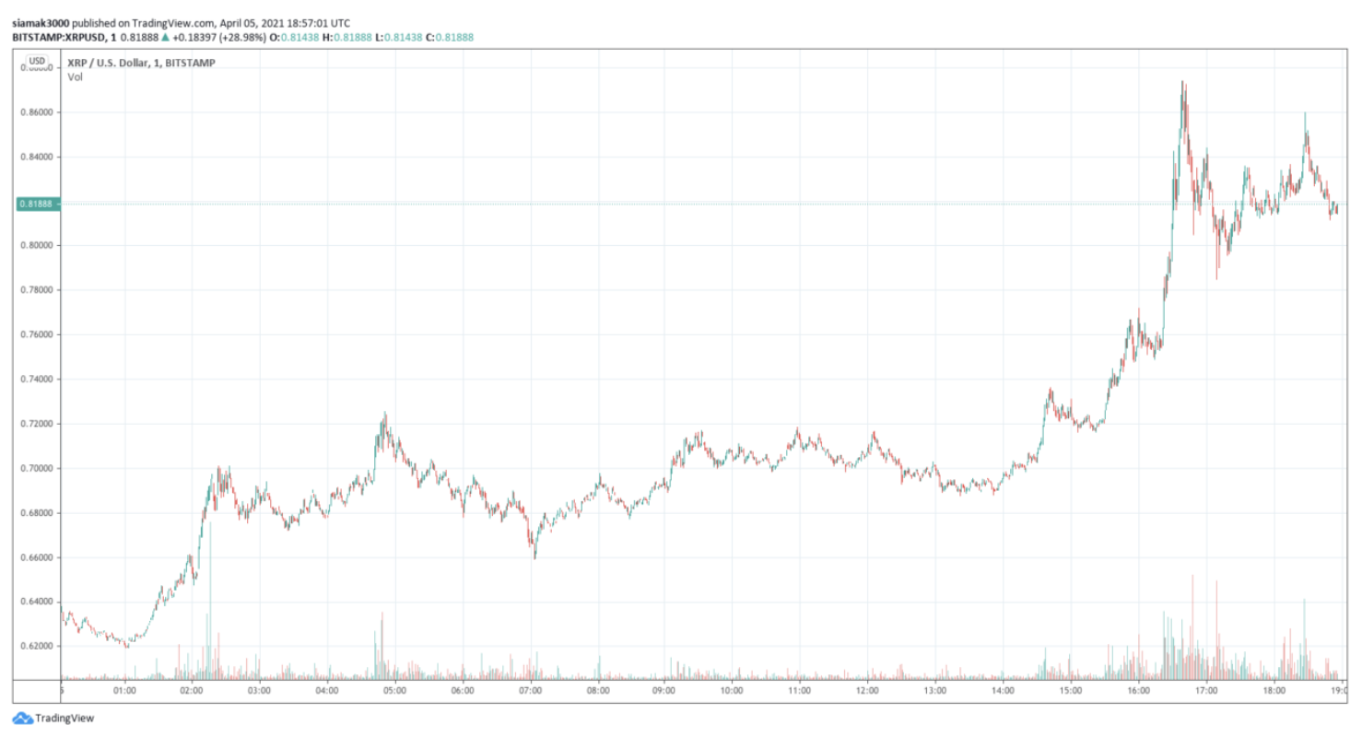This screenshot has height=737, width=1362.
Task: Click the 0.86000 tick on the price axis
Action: tap(38, 112)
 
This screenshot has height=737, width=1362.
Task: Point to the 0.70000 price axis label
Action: tap(38, 468)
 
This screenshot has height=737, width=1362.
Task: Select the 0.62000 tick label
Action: tap(38, 646)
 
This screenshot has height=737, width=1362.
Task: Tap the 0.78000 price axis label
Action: tap(38, 290)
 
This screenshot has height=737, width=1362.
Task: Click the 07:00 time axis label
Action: tap(530, 690)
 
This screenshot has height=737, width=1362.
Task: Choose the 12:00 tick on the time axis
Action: tap(867, 690)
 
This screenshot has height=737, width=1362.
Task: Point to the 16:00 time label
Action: tap(1138, 690)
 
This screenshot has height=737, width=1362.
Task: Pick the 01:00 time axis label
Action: tap(124, 690)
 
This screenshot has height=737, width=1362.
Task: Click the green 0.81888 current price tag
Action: tap(38, 204)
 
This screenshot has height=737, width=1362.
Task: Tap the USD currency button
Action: tap(37, 62)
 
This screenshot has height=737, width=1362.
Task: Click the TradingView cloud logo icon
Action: tap(22, 719)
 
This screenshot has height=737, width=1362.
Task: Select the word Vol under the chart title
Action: tap(75, 77)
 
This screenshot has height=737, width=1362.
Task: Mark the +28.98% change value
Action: tap(245, 37)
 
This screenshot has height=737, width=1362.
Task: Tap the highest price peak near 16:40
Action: tap(1183, 84)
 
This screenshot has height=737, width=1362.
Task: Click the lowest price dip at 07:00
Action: tap(534, 556)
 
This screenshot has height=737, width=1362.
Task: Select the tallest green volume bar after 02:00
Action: tap(210, 599)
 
